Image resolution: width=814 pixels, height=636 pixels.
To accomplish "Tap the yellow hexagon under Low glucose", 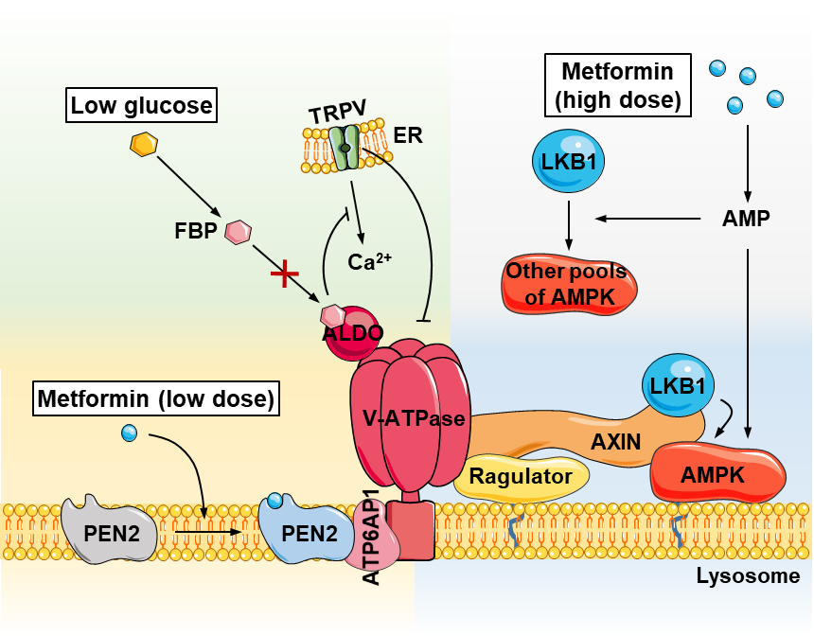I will [x=143, y=145].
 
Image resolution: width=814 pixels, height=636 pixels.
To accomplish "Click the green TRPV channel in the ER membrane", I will [x=347, y=149].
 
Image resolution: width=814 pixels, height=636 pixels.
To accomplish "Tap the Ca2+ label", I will [x=363, y=262].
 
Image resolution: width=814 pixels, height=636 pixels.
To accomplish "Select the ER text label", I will [x=407, y=135].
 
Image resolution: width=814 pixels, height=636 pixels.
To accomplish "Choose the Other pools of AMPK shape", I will [x=567, y=284].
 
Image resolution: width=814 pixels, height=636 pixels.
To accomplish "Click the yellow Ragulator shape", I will [x=521, y=476].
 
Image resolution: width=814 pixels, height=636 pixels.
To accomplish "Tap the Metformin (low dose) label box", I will [x=156, y=399].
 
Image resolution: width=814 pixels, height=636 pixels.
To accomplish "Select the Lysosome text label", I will [x=748, y=575].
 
